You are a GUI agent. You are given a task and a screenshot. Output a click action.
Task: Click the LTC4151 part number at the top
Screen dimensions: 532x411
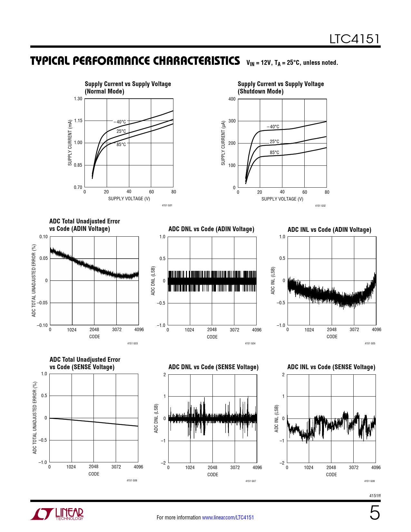tap(354, 39)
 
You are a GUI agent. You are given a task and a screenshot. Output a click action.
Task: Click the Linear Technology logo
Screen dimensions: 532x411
tap(57, 514)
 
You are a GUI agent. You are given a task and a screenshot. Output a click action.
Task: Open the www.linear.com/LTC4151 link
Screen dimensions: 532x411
tap(228, 517)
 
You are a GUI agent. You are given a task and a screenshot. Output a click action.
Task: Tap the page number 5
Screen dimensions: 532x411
tap(375, 513)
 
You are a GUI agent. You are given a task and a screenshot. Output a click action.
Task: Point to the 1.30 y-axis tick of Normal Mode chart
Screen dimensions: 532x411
tap(78, 99)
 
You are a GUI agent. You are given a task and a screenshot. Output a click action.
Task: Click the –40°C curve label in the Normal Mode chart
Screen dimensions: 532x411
tap(120, 122)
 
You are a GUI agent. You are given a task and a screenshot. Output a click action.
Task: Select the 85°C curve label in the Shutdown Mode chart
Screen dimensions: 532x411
tap(274, 153)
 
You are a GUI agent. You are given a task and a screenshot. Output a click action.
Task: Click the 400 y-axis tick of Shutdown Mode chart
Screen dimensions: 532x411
tap(232, 99)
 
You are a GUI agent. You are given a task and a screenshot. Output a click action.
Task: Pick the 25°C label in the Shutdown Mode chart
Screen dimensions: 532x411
tap(274, 142)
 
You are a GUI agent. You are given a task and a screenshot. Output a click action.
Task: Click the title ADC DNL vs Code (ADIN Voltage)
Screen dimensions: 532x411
tap(211, 229)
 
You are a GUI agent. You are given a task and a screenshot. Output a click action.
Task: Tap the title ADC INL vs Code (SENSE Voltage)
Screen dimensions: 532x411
tap(331, 367)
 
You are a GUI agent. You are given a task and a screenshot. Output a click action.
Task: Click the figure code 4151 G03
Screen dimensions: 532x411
tap(132, 343)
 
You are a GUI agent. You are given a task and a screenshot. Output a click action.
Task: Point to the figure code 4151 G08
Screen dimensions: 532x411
tap(369, 481)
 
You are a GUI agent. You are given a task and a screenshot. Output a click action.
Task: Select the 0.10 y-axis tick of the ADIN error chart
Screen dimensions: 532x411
tap(44, 237)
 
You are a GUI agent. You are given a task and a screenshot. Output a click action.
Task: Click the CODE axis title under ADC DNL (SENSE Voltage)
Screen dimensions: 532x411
tap(212, 475)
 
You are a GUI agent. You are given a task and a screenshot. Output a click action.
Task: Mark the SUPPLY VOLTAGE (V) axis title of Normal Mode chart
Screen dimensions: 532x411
tap(129, 199)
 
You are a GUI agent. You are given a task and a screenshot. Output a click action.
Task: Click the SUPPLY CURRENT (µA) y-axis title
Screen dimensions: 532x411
tap(223, 143)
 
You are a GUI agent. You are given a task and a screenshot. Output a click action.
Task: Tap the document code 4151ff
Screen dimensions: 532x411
tap(375, 496)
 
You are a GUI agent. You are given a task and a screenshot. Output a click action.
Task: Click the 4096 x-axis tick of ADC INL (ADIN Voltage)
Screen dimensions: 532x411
tap(376, 330)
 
